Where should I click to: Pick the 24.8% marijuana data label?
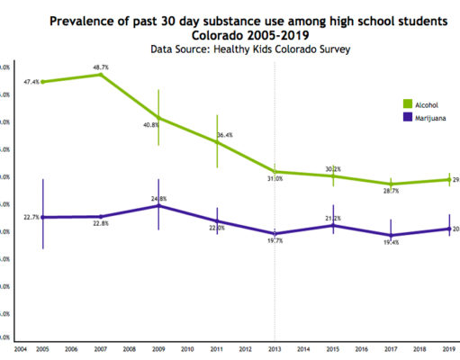point(159,197)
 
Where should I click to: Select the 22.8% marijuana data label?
point(100,224)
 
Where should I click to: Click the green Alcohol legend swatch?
point(407,103)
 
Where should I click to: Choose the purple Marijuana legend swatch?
point(407,117)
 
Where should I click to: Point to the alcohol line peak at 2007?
point(100,74)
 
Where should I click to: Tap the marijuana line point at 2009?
point(158,205)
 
